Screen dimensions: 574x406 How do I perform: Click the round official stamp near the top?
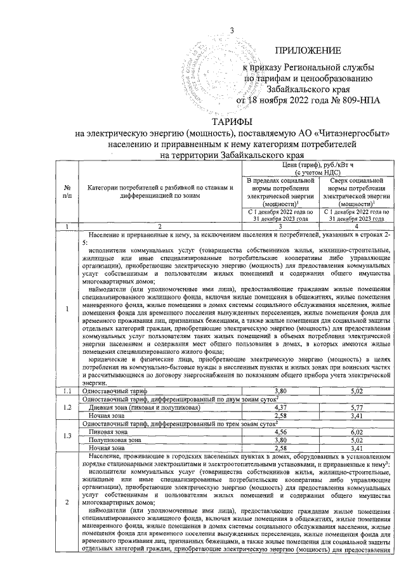pyautogui.click(x=206, y=73)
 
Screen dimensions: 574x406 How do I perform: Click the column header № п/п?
pyautogui.click(x=67, y=191)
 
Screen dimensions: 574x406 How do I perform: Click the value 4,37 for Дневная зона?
pyautogui.click(x=280, y=407)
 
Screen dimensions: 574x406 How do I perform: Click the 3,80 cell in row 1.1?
pyautogui.click(x=280, y=392)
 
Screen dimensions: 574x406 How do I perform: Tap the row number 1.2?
pyautogui.click(x=67, y=407)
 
